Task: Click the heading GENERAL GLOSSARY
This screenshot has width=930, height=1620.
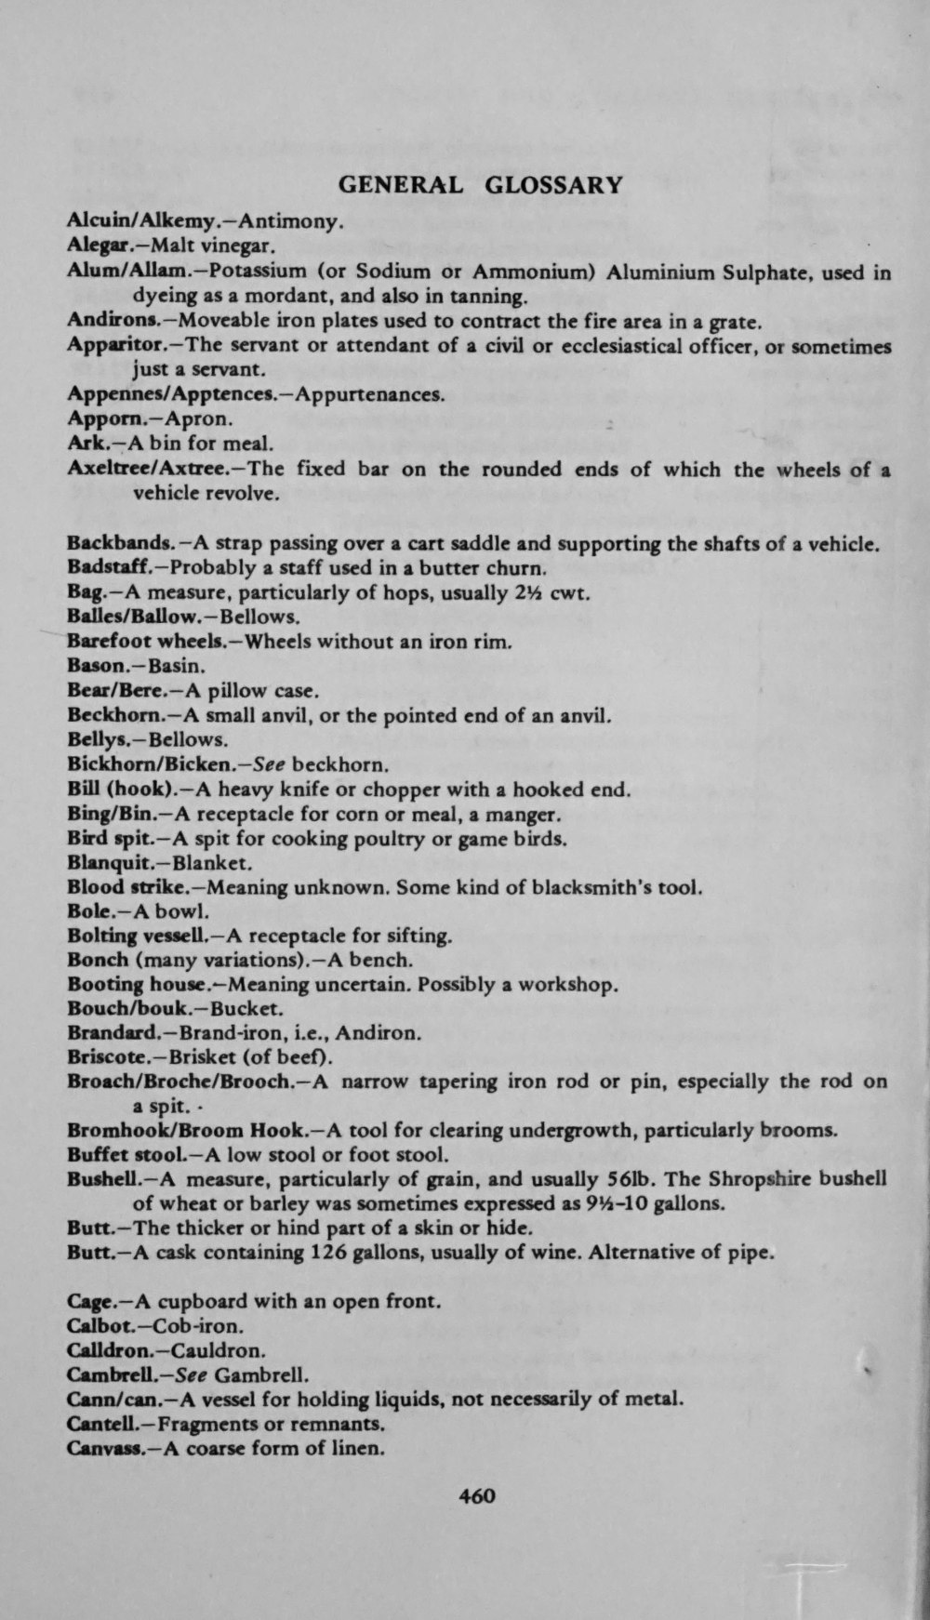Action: (479, 184)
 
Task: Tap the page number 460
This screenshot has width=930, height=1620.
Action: (477, 1495)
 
